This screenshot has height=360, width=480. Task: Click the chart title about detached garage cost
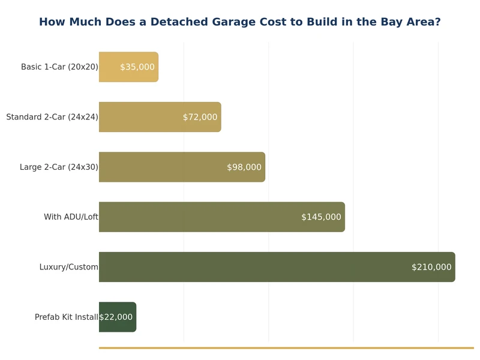239,22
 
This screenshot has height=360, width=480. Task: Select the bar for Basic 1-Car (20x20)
111,67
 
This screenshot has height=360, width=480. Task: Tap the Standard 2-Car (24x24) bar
141,117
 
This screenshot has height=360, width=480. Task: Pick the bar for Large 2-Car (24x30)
162,167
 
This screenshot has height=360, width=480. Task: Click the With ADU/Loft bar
198,217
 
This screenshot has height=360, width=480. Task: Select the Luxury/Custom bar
252,267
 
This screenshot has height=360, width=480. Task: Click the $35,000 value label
137,67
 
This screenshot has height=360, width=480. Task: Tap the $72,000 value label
200,117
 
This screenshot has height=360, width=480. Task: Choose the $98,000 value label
244,167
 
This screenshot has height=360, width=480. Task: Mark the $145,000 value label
321,217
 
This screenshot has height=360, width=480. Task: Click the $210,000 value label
431,267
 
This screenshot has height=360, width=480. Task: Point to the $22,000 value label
116,317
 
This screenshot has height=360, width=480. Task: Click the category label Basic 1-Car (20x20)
59,67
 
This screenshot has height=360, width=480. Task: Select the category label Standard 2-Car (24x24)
52,117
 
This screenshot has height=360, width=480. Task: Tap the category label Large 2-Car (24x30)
59,167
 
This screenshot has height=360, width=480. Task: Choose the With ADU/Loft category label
71,217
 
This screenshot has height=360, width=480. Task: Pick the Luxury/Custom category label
68,267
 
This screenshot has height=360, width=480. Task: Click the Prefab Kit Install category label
66,317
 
